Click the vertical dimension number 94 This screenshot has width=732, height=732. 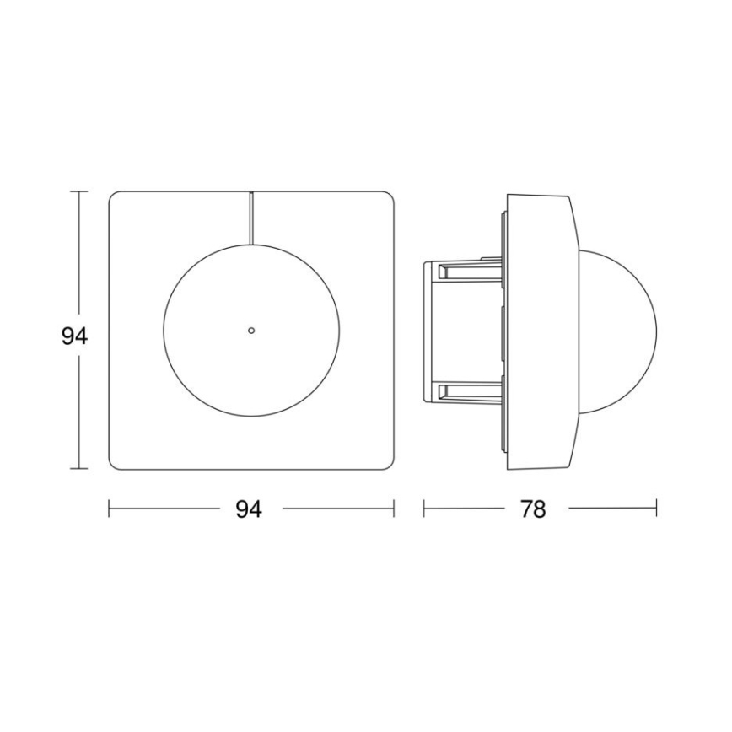pos(75,336)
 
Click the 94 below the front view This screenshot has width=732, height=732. pos(248,509)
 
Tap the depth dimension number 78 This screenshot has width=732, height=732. pos(533,509)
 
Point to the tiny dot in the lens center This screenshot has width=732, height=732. pos(250,330)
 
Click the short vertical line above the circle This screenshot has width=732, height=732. pos(250,217)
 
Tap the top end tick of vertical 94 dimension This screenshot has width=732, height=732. pos(79,192)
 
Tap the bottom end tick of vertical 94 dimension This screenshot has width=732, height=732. pos(79,468)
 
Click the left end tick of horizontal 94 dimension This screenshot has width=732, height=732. pos(110,509)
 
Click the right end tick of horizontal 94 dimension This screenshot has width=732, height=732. pos(394,509)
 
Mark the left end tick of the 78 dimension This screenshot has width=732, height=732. pos(423,509)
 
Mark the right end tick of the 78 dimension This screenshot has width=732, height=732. pos(657,509)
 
